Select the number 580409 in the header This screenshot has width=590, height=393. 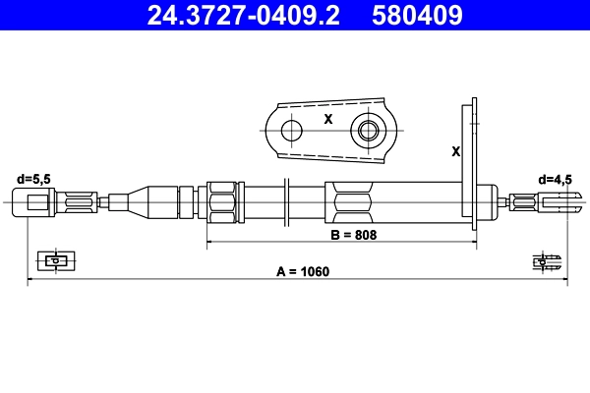(x=417, y=16)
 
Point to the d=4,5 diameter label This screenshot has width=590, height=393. (x=555, y=179)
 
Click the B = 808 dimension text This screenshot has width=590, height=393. (x=353, y=235)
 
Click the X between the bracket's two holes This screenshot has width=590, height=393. (x=327, y=119)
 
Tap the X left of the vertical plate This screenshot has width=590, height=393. (x=454, y=152)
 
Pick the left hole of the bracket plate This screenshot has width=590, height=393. (x=289, y=130)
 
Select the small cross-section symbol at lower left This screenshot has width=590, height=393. (x=54, y=260)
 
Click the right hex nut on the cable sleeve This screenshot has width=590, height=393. (x=351, y=203)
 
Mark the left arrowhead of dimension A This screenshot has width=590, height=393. (x=30, y=280)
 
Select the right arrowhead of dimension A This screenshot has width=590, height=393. (x=564, y=280)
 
